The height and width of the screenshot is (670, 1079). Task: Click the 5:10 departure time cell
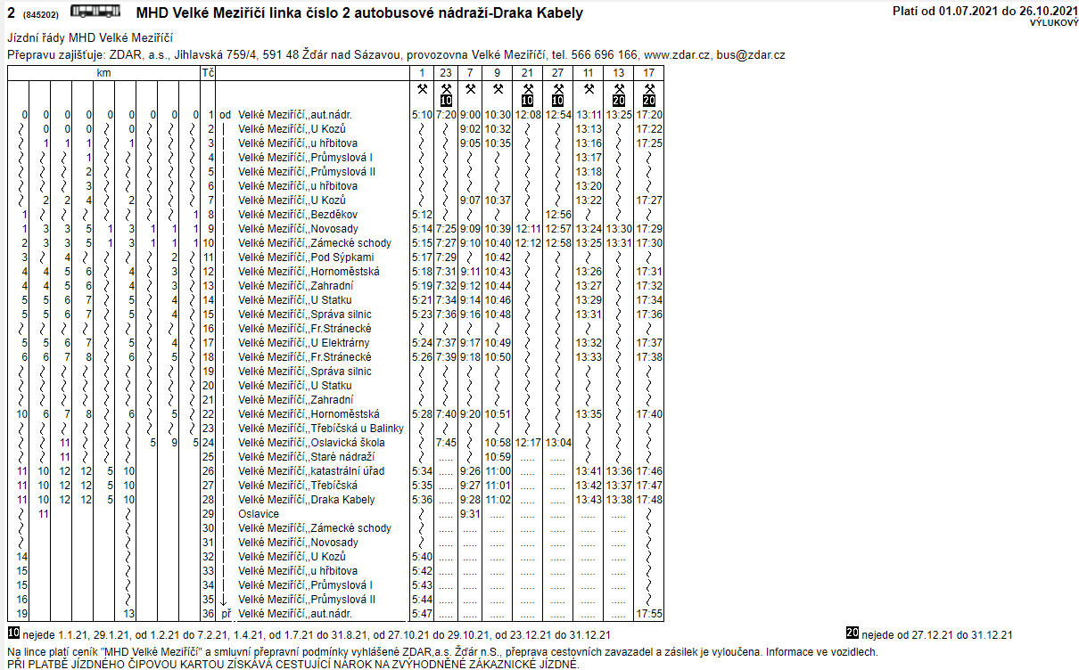point(422,115)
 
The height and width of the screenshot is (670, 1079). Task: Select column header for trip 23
point(447,73)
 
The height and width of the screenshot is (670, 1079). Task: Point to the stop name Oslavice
point(259,514)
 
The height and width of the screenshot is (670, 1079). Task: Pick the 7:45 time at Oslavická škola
point(447,443)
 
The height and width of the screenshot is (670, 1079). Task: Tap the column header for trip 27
point(557,73)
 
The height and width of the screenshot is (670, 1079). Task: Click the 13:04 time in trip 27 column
point(558,443)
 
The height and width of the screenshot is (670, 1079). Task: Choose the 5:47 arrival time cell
point(422,614)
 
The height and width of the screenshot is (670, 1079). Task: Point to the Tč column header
point(208,73)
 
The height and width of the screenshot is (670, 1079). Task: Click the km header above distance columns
point(104,73)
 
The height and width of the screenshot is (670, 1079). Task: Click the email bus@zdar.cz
point(756,55)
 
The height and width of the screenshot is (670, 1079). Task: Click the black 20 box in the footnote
point(852,633)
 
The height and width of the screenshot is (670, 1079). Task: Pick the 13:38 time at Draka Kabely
point(619,500)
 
